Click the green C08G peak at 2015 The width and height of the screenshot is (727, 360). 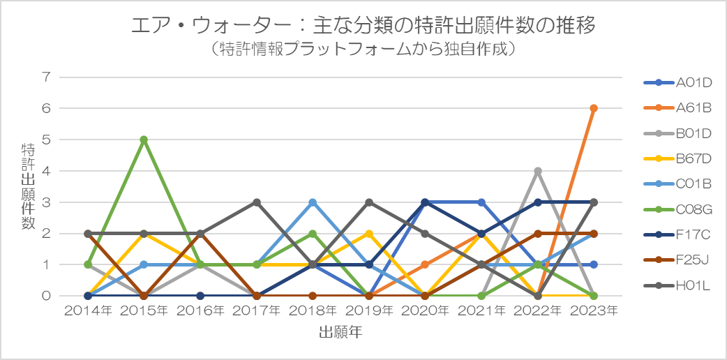(144, 140)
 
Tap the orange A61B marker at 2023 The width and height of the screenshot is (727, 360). (593, 108)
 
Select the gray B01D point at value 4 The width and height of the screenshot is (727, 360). (537, 171)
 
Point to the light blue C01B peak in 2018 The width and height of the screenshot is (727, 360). (313, 202)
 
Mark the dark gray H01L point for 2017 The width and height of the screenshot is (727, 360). (256, 202)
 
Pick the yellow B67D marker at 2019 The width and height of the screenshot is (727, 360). (368, 233)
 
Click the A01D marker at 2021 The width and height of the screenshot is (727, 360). (481, 202)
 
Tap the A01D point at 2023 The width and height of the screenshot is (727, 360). (593, 264)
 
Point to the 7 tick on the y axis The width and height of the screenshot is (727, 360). (46, 77)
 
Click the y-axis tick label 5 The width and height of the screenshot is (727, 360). (46, 140)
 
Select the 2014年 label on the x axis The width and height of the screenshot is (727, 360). (88, 311)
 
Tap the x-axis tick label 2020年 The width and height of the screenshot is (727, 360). (425, 311)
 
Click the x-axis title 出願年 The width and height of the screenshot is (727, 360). (340, 332)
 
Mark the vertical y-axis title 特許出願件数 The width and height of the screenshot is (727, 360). (27, 186)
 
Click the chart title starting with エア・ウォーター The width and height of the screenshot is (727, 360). (363, 27)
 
